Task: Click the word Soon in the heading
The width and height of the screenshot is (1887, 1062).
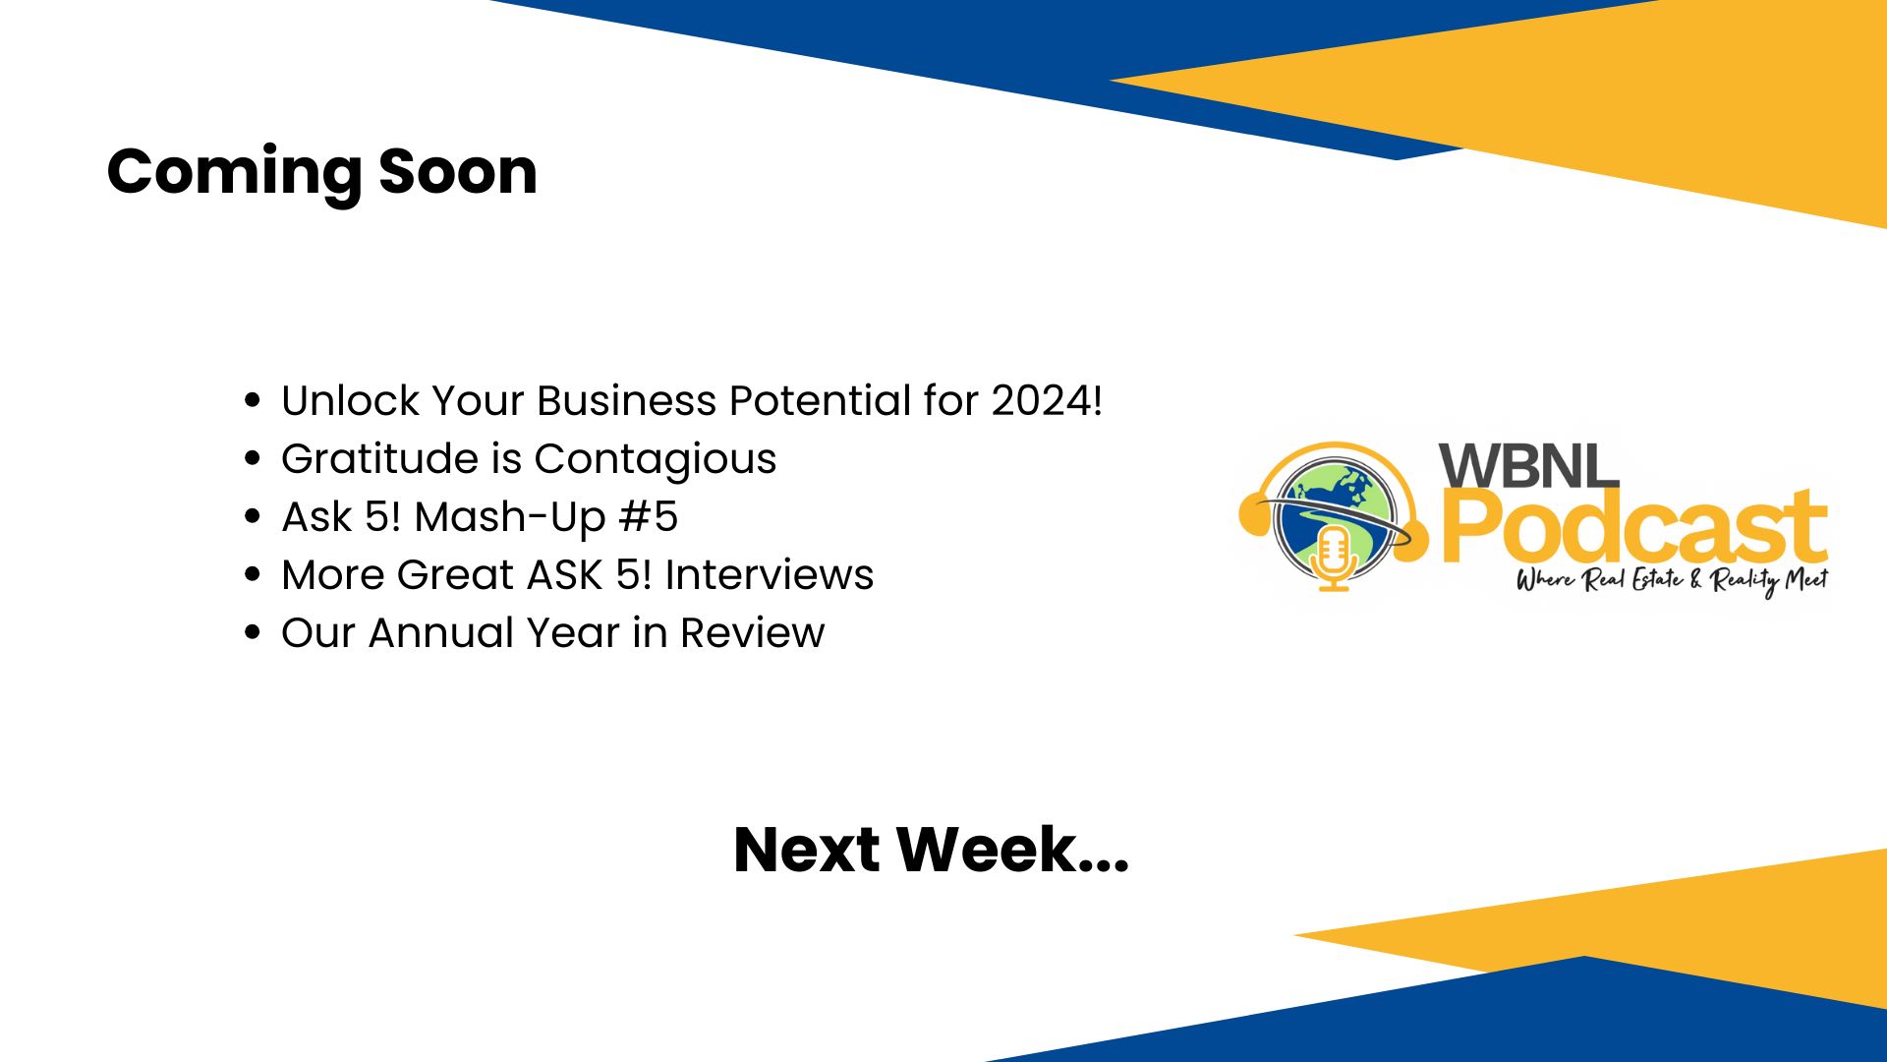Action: pyautogui.click(x=458, y=172)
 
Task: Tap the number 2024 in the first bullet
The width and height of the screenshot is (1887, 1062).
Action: pyautogui.click(x=1042, y=401)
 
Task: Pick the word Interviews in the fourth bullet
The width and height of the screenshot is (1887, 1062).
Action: pyautogui.click(x=770, y=575)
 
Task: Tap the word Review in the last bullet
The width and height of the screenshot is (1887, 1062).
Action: pyautogui.click(x=753, y=633)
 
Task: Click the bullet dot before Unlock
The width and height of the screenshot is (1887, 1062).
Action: pyautogui.click(x=253, y=401)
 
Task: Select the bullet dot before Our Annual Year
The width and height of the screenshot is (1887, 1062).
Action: pyautogui.click(x=253, y=633)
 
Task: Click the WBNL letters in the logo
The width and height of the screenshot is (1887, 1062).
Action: pyautogui.click(x=1528, y=465)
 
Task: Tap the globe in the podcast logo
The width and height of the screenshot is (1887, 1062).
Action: pyautogui.click(x=1335, y=518)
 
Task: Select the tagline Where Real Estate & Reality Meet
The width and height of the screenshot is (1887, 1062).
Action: pyautogui.click(x=1672, y=581)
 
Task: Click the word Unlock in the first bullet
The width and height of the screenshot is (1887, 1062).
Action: pyautogui.click(x=351, y=401)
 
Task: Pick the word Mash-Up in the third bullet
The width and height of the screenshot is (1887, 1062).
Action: pyautogui.click(x=509, y=518)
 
